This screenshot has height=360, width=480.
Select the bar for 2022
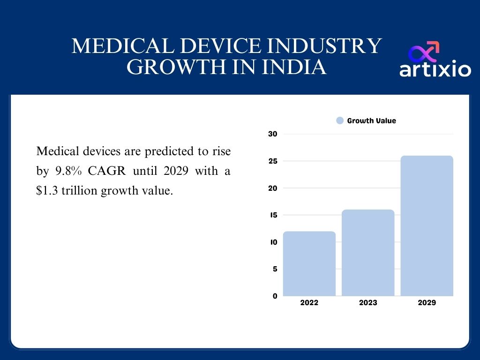[309, 263]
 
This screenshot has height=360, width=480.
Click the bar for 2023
[368, 253]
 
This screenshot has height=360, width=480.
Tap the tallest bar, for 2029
[427, 225]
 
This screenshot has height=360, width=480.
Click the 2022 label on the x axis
[309, 303]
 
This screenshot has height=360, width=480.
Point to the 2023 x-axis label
[368, 303]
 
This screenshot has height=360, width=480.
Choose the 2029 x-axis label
[427, 303]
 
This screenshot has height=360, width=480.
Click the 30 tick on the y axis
[273, 134]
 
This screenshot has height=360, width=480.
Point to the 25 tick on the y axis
[273, 161]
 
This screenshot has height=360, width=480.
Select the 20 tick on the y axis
[273, 188]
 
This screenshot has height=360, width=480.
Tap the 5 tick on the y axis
[275, 269]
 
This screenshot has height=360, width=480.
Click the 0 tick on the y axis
[275, 296]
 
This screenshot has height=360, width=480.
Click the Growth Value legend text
[371, 121]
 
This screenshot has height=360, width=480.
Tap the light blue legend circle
[340, 121]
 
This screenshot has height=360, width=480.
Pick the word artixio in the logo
[435, 69]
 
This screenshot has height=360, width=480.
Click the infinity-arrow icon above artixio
[424, 51]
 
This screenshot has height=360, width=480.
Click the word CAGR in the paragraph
[107, 172]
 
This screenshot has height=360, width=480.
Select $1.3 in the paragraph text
[45, 191]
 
